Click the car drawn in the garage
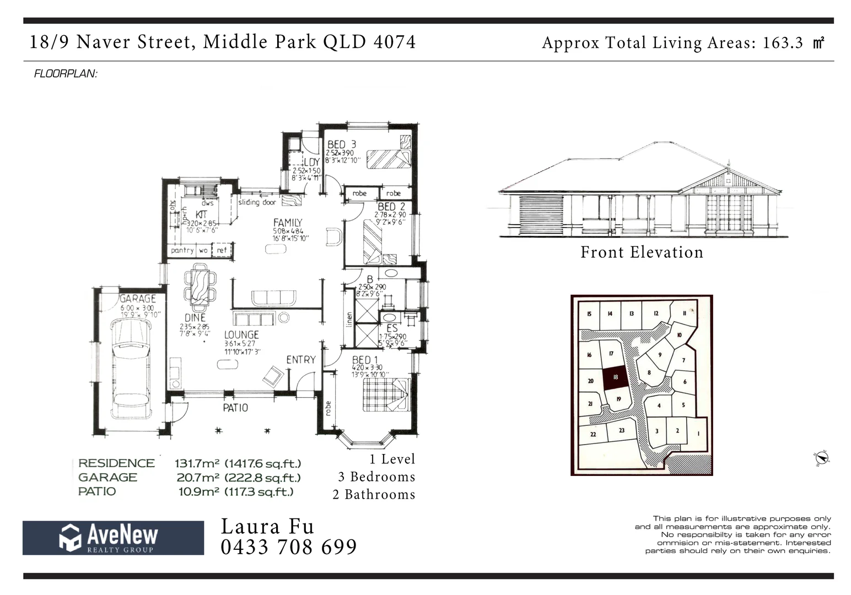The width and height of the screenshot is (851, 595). click(131, 369)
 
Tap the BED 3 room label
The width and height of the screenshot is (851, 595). click(341, 144)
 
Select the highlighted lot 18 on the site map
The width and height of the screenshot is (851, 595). click(615, 378)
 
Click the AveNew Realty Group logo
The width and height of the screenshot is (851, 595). click(113, 538)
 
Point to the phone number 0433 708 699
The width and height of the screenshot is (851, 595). click(289, 547)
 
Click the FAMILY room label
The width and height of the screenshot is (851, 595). click(288, 223)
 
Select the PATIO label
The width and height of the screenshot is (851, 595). click(235, 408)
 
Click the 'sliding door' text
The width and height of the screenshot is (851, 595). click(257, 202)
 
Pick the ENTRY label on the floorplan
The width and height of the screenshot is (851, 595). click(300, 360)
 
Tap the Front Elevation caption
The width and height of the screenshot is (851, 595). click(642, 252)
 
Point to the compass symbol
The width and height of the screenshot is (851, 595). click(821, 458)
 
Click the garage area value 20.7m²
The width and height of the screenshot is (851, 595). click(198, 478)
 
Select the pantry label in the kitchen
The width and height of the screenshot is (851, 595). click(182, 250)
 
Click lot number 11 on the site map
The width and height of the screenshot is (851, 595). click(684, 313)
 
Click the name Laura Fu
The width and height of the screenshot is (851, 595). click(267, 527)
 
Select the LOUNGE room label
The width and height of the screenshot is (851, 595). click(241, 334)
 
